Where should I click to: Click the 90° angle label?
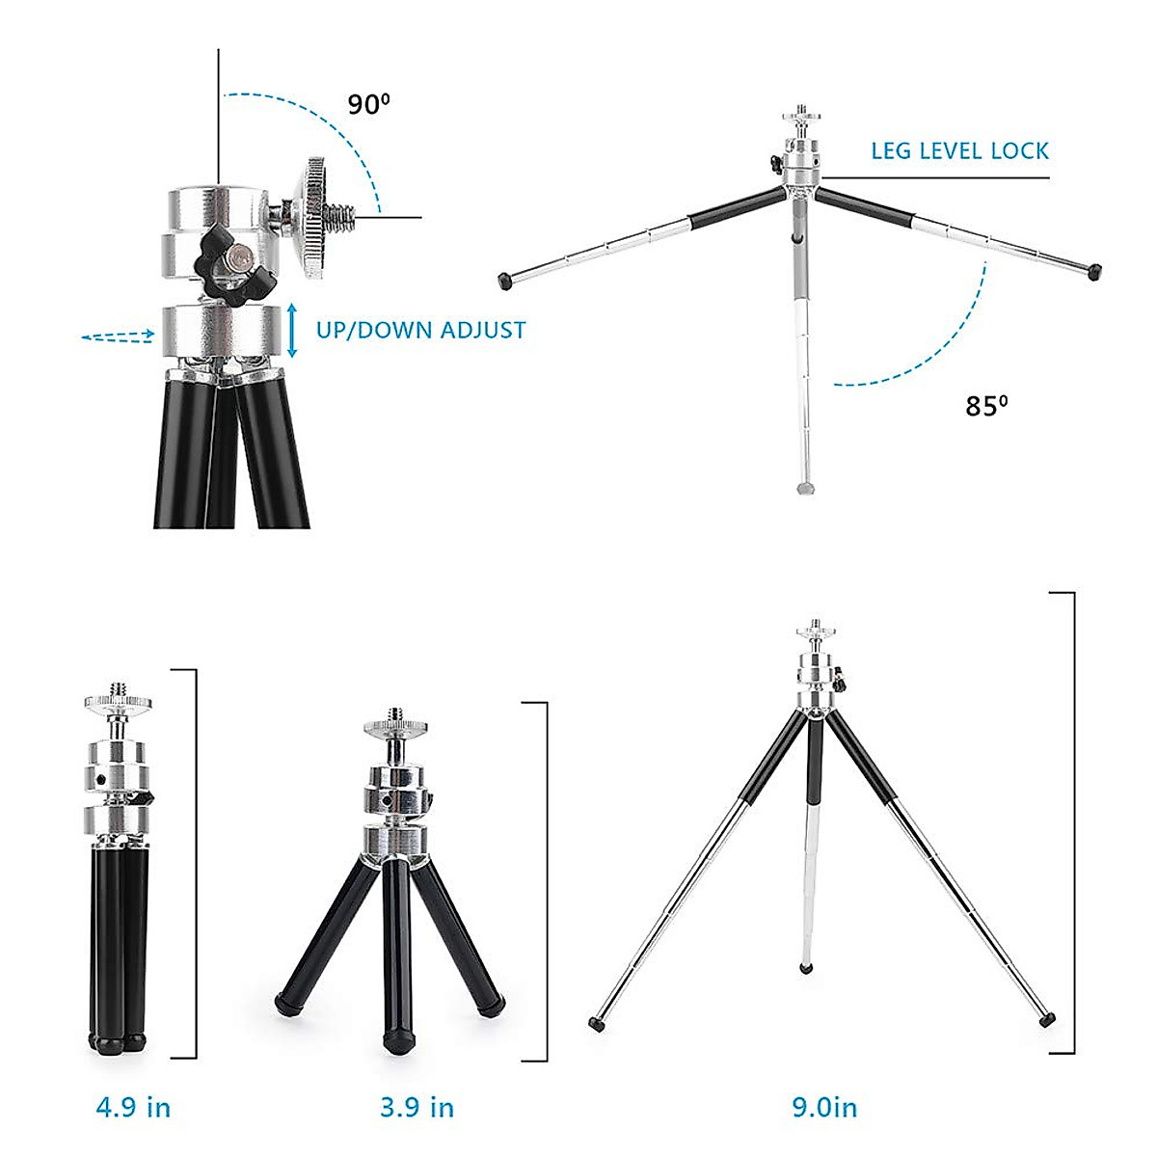point(368,103)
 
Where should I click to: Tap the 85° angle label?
point(986,406)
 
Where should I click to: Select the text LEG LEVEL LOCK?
point(959,151)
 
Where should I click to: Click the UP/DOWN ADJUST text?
point(420,331)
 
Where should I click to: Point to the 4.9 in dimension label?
point(133,1107)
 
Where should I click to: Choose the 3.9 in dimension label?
point(417,1107)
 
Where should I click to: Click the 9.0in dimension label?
point(824,1107)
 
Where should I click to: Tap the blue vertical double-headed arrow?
point(292,330)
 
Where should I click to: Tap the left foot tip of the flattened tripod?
point(504,281)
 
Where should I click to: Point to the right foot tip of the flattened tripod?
point(1093,272)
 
